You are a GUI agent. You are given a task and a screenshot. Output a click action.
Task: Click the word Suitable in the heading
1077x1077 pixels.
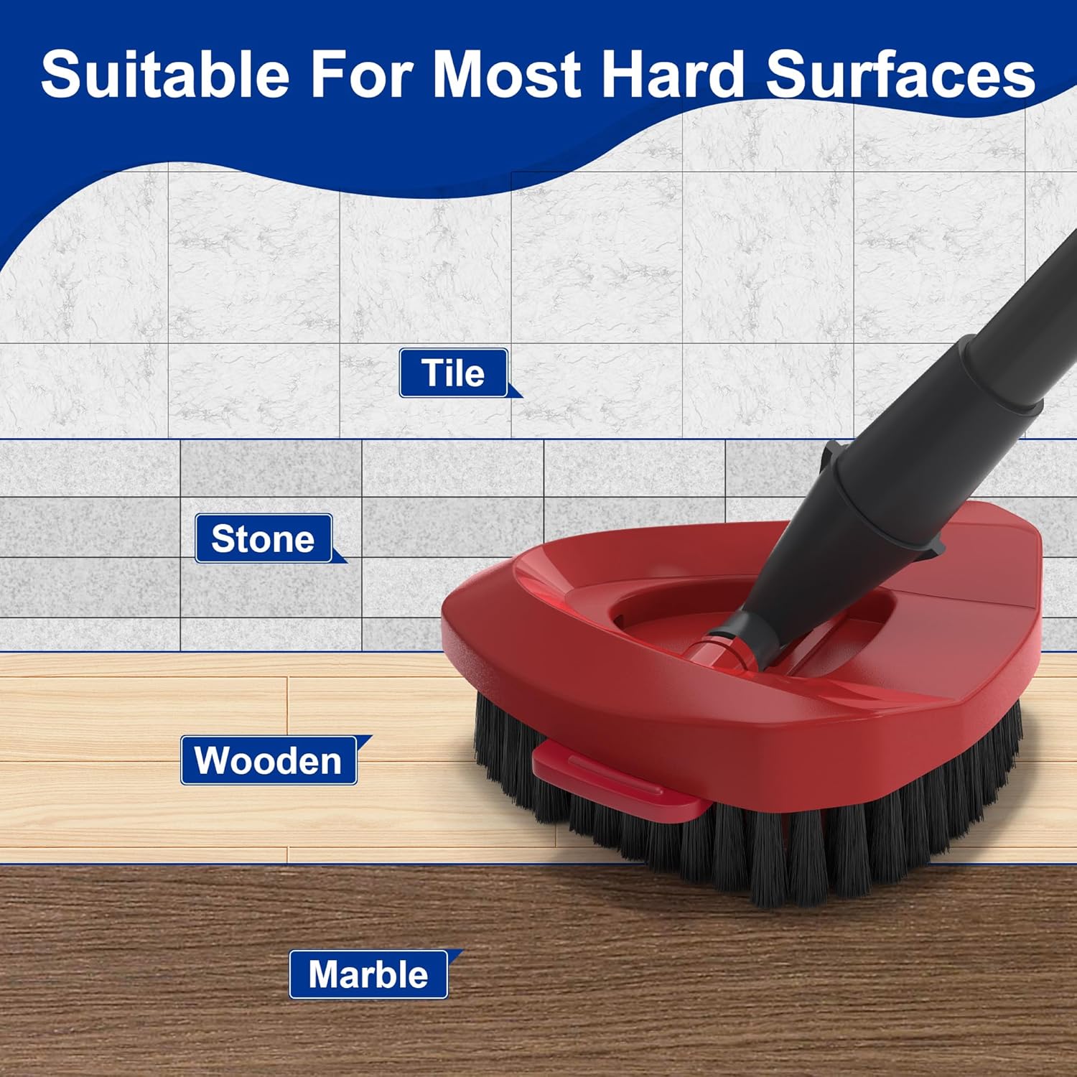coord(165,74)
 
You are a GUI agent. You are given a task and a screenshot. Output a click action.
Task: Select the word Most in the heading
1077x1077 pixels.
coord(507,74)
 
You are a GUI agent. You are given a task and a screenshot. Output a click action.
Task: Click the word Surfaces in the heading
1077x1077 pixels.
coord(900,74)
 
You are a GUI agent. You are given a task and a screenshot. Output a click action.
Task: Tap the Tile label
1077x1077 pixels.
coord(454,373)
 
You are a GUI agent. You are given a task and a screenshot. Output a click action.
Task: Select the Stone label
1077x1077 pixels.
coord(264,538)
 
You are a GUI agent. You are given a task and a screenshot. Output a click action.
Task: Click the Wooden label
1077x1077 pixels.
coord(269,760)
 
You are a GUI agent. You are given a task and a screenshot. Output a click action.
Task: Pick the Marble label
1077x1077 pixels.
coord(368,974)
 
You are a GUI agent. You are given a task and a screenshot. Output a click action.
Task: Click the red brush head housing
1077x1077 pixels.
coord(740,689)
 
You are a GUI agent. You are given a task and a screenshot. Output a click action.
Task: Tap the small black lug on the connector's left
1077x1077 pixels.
coord(831,455)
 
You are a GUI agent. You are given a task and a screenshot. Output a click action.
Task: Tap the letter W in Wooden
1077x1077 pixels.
coord(215,760)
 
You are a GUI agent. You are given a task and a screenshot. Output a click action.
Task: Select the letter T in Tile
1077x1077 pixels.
coord(432,373)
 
